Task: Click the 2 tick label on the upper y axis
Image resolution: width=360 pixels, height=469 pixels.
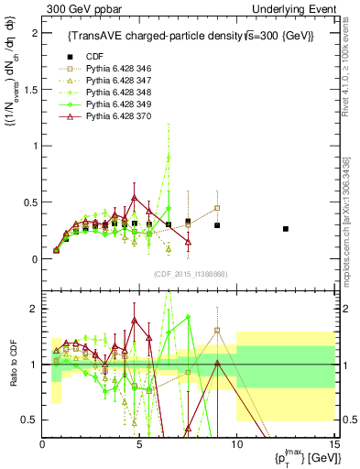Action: tap(35, 33)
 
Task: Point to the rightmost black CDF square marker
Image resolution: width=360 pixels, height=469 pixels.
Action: tap(286, 228)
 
